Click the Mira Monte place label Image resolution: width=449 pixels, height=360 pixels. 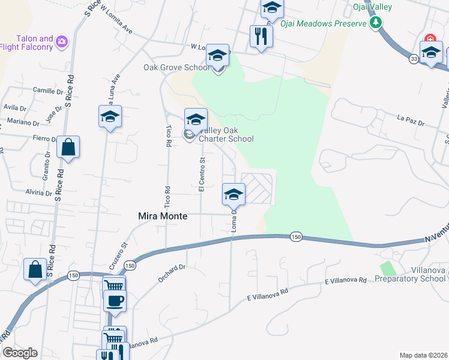[163, 216]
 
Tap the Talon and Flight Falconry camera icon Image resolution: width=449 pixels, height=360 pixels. [62, 41]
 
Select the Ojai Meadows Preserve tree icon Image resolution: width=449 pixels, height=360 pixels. [376, 23]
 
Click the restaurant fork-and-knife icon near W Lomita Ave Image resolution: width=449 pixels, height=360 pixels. [261, 36]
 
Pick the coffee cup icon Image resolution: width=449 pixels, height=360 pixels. [115, 300]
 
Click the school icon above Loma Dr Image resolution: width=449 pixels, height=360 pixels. [234, 194]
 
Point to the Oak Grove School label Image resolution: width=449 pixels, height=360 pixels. [176, 67]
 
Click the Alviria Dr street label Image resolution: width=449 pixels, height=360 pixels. [38, 193]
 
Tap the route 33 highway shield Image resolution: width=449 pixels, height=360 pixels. [414, 59]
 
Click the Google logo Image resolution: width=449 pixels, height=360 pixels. [19, 352]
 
